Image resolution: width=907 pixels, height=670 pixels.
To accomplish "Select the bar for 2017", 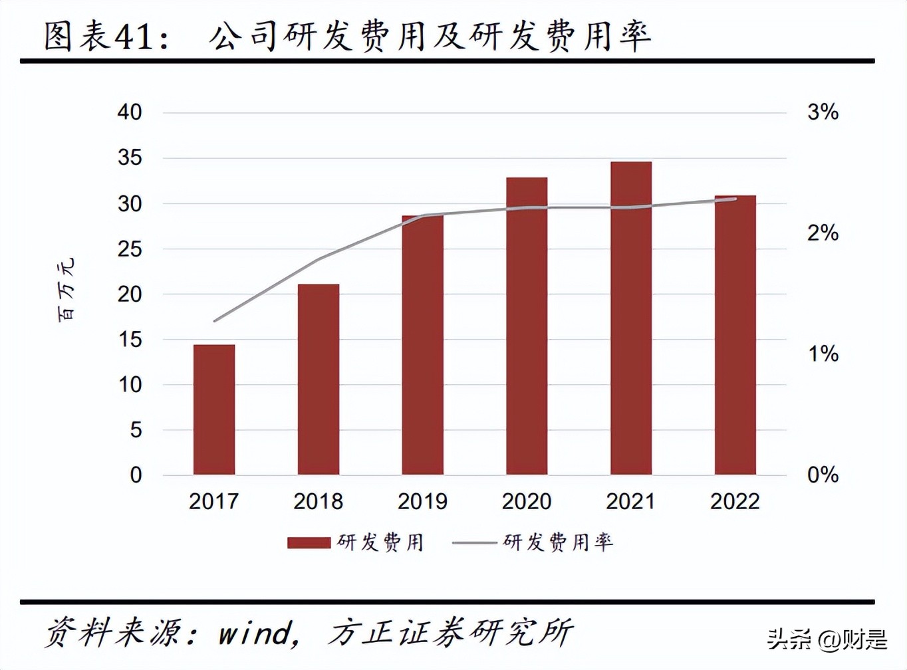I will tap(214, 409).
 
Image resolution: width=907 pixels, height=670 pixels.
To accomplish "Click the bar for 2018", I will tap(319, 380).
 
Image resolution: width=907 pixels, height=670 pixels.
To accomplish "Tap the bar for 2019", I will tap(422, 345).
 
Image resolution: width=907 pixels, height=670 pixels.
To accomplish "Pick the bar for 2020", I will tap(527, 326).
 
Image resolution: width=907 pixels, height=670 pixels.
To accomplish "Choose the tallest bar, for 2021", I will tap(631, 318).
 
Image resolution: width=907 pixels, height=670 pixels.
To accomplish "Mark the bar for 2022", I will tap(735, 335).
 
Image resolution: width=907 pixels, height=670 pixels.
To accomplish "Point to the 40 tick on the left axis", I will tap(130, 112).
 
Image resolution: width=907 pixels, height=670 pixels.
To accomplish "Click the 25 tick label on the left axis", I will tap(130, 249).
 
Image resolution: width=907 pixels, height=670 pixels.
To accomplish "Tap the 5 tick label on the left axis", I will tap(136, 430).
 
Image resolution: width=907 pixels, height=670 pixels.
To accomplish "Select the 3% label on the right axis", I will tap(823, 112).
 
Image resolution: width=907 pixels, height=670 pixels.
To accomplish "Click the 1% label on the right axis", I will tap(823, 354).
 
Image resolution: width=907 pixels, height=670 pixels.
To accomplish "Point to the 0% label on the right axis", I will tap(823, 475).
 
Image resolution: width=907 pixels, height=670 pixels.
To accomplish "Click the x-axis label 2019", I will tap(422, 501).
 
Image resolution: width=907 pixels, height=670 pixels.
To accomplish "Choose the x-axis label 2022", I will tap(735, 501).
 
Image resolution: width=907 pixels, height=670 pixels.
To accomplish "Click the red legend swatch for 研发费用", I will tap(309, 543).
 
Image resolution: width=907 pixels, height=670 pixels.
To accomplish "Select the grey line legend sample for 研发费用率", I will tap(474, 543).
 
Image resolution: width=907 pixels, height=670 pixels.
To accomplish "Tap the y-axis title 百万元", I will tap(66, 290).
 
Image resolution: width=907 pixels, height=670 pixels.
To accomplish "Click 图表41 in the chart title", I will tap(106, 36).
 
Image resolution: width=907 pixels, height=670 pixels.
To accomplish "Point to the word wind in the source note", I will tap(255, 633).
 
